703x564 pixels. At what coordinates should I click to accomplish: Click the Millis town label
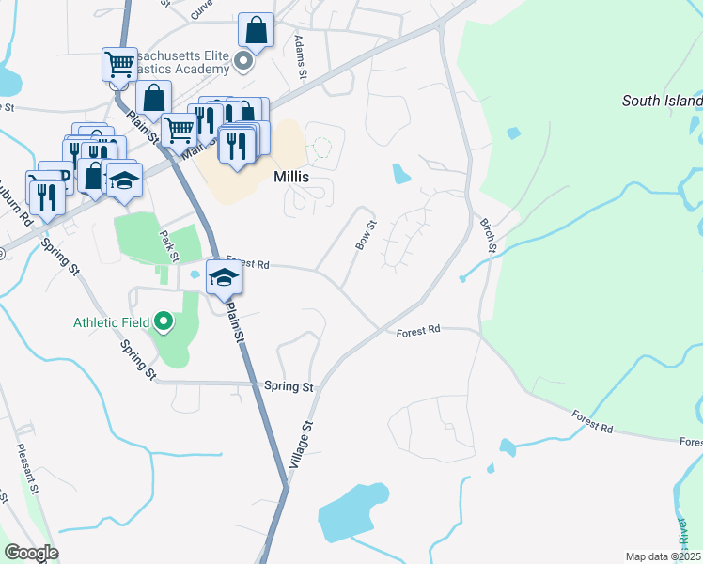(290, 177)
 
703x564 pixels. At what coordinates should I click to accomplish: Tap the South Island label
(662, 101)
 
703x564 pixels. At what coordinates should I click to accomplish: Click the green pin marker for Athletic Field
(164, 322)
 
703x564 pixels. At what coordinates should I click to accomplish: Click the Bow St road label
(365, 235)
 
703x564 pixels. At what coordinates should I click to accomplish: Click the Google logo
(31, 553)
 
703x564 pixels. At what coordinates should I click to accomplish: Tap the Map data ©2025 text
(663, 556)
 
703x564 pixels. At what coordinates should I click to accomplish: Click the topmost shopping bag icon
(256, 30)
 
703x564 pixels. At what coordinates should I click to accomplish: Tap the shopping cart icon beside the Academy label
(119, 64)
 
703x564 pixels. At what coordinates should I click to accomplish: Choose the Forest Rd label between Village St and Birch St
(418, 331)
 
